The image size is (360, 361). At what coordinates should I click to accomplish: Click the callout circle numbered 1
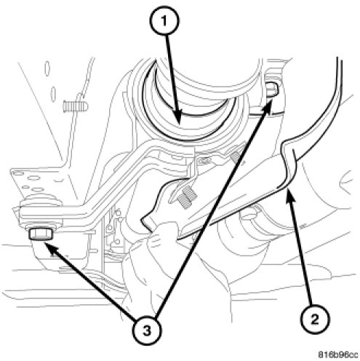(164, 21)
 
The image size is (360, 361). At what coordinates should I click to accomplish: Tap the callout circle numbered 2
(314, 319)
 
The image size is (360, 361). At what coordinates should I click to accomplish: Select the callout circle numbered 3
(147, 330)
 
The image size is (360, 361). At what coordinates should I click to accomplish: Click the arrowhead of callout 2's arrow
(291, 197)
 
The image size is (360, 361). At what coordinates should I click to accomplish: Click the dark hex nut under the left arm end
(41, 234)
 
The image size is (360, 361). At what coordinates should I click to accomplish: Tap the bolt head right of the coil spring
(272, 90)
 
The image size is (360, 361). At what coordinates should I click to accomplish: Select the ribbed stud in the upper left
(76, 106)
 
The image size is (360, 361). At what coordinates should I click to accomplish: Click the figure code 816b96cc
(338, 354)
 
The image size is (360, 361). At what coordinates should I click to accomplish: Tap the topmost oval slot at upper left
(47, 68)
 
